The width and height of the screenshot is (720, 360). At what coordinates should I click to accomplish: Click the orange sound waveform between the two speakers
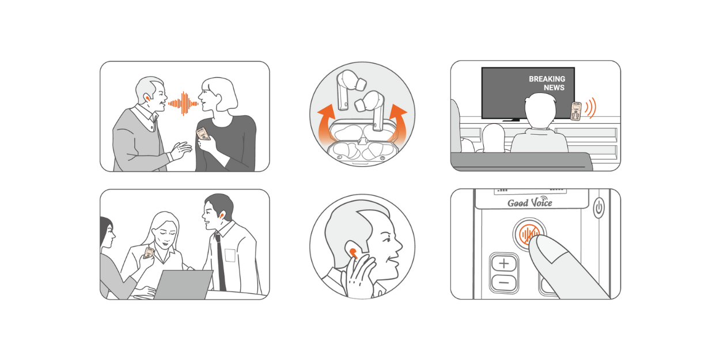point(183,104)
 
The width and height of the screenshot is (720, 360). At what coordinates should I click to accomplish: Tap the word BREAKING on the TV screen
point(547,79)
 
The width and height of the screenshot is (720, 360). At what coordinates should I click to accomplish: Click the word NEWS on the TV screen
point(554,88)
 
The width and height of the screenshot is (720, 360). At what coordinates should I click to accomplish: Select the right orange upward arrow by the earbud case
point(397,122)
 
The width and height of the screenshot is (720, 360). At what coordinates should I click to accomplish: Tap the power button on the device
point(598,208)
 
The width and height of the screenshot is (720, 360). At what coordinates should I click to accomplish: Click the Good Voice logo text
point(530,203)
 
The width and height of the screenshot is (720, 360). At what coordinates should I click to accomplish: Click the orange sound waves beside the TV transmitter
point(590,108)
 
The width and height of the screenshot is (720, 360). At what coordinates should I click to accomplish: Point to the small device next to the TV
point(576,111)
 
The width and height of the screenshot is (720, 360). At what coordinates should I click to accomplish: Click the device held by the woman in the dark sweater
point(203,134)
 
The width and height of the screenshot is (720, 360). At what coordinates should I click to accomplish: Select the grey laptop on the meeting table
point(184,285)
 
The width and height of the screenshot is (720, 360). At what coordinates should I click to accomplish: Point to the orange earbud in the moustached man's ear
point(147,97)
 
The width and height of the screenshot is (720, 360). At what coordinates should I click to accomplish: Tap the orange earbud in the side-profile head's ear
point(353,253)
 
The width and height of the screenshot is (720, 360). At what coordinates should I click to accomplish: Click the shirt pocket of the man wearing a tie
point(230,255)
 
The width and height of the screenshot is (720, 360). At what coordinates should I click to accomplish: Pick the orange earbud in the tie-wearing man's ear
point(221,215)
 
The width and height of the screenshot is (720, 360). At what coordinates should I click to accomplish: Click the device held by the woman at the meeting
point(148,253)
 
